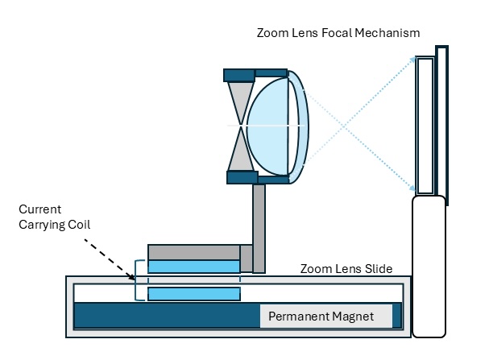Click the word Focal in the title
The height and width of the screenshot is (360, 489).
pos(342,33)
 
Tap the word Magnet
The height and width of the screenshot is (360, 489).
pos(354,317)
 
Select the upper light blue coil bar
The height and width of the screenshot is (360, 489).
pos(193,267)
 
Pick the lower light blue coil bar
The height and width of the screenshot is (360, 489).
pos(193,294)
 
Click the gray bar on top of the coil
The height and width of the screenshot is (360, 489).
pos(193,251)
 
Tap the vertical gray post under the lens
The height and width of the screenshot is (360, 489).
pos(259,228)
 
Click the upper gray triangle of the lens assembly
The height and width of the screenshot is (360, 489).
pos(240,101)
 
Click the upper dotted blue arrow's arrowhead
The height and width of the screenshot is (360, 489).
pos(413,61)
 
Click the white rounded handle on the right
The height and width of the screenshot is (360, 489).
pos(429,266)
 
